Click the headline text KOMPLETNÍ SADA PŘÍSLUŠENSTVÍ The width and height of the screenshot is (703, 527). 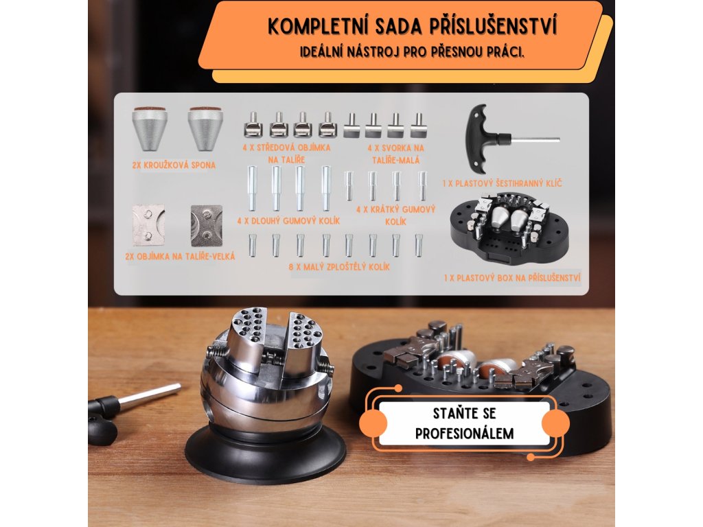click(413, 26)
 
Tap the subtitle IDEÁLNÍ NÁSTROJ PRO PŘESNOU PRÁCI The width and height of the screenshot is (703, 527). click(413, 52)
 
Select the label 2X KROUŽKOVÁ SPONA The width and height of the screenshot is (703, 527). click(174, 165)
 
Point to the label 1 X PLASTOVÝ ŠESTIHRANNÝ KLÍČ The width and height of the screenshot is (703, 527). click(502, 183)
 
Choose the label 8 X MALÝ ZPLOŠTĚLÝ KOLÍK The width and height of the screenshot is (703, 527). click(339, 267)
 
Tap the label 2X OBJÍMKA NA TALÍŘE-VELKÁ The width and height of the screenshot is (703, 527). click(180, 257)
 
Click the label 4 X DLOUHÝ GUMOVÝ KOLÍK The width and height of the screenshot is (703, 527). click(288, 221)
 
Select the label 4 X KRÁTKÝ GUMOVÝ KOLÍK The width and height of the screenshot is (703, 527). click(396, 215)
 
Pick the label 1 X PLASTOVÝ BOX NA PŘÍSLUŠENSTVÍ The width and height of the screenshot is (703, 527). click(512, 278)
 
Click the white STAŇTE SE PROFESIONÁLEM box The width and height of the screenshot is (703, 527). click(465, 423)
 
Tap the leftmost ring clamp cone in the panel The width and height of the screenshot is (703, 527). click(150, 128)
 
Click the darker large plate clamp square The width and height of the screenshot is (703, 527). click(207, 225)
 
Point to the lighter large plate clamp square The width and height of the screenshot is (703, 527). click(149, 225)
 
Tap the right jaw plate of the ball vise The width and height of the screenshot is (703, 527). click(304, 343)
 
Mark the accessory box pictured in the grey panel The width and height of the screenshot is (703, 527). click(510, 229)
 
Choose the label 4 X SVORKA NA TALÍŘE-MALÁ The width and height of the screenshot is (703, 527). click(396, 154)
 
